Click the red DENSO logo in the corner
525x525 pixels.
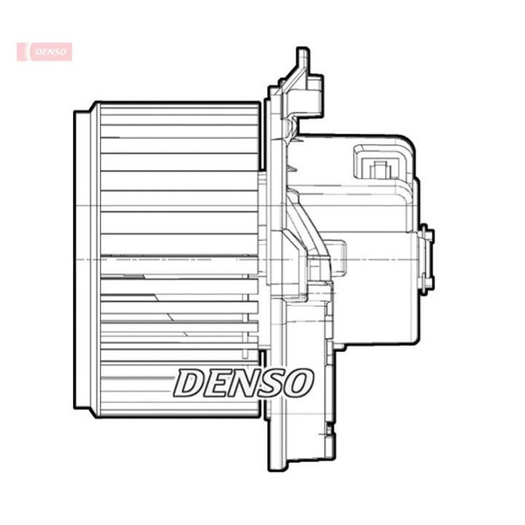click(44, 52)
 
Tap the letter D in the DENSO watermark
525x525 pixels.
click(190, 382)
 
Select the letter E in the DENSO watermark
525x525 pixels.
click(217, 382)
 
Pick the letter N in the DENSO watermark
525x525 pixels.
click(245, 382)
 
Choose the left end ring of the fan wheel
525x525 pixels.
click(82, 259)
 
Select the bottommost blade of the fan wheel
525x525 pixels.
click(179, 408)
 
